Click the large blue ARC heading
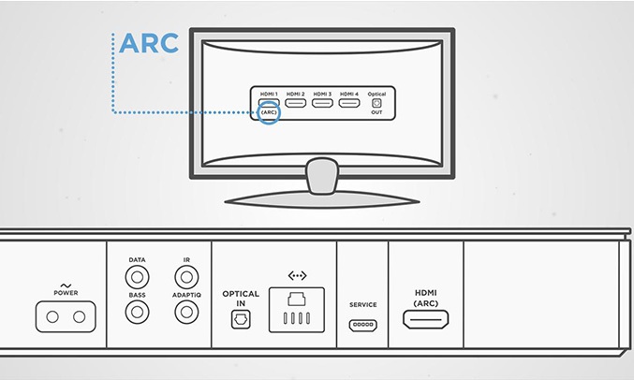click(149, 43)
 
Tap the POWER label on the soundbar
click(66, 293)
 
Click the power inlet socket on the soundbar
click(66, 317)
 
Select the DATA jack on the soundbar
click(138, 277)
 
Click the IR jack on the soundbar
click(186, 277)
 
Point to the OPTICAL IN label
click(241, 299)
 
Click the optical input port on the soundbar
click(240, 319)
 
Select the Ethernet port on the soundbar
click(297, 309)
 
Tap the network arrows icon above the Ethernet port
click(297, 276)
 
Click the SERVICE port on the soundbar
click(362, 326)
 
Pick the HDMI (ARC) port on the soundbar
click(425, 319)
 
